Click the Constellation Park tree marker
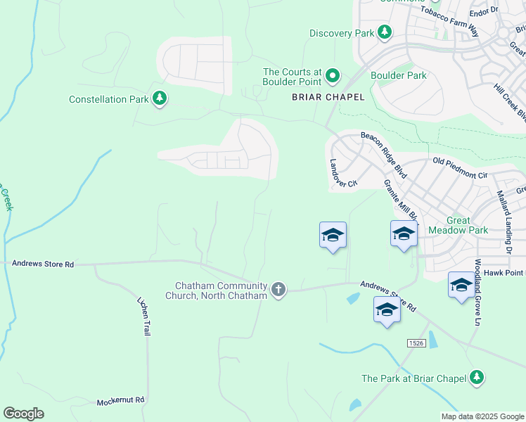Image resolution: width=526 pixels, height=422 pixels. tap(160, 98)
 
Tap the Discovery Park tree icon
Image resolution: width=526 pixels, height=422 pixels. tap(384, 32)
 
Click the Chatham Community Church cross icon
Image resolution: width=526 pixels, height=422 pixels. tap(278, 290)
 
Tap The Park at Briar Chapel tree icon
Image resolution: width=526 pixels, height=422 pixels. tap(477, 378)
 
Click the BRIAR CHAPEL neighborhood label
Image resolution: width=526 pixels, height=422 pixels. tap(328, 98)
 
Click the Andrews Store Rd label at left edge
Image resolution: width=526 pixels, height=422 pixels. tap(43, 264)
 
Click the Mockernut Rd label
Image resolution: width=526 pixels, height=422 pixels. tap(120, 399)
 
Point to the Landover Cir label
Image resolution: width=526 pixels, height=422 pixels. tap(343, 172)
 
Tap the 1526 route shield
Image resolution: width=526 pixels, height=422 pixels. tap(416, 342)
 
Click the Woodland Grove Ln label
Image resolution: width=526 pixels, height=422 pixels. tap(477, 293)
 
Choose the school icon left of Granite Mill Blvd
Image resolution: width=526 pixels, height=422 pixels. tap(333, 236)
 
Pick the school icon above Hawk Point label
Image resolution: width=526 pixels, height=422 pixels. tap(461, 285)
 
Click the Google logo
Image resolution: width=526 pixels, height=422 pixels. tap(23, 414)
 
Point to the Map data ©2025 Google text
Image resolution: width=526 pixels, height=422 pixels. tap(482, 416)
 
